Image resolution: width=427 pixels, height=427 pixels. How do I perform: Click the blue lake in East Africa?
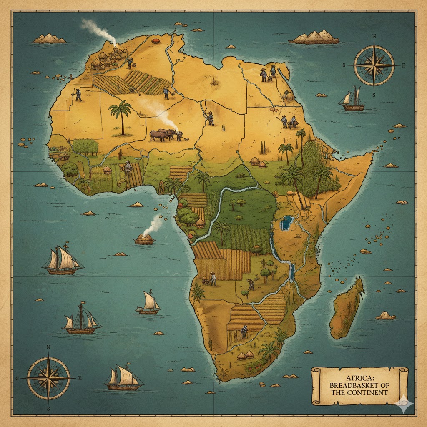coord(286,223)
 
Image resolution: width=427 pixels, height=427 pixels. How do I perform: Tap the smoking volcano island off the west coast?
coord(145,238)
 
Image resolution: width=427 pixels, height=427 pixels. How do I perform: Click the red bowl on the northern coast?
coord(156,41)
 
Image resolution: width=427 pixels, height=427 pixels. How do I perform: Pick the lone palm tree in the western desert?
coord(121,115)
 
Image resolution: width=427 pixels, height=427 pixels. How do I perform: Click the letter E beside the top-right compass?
coord(403,65)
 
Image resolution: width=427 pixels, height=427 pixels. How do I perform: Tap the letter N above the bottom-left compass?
coord(48,347)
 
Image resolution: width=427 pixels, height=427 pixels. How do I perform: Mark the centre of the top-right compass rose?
coord(374,65)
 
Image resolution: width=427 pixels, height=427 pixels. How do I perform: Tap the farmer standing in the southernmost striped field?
coord(244,332)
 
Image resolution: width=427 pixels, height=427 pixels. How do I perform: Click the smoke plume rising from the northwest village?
coord(100,30)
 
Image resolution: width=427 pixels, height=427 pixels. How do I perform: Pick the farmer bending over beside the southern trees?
coord(250,284)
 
